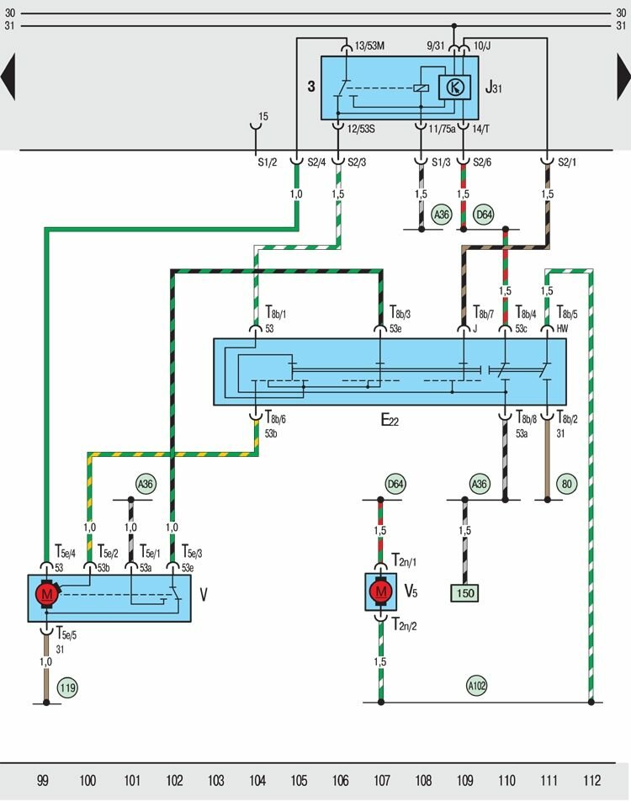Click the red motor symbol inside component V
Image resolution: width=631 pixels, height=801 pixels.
tap(45, 593)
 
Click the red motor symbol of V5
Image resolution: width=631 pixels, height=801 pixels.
tap(381, 591)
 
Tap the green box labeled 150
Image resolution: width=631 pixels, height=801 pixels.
tap(465, 593)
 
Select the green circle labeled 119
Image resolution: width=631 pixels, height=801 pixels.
tap(67, 688)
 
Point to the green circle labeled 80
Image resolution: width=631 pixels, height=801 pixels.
tap(567, 484)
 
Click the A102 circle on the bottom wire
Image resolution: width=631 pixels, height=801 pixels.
tap(478, 685)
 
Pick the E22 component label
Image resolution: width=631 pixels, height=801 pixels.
tap(390, 421)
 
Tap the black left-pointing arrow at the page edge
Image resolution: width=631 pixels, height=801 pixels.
tap(8, 77)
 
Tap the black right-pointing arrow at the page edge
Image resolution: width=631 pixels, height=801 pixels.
tap(623, 77)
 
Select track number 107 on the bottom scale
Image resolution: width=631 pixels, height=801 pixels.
tap(382, 781)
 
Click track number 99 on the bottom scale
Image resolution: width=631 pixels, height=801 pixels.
tap(42, 781)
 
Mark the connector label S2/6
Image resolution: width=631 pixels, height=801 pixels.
tap(483, 162)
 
